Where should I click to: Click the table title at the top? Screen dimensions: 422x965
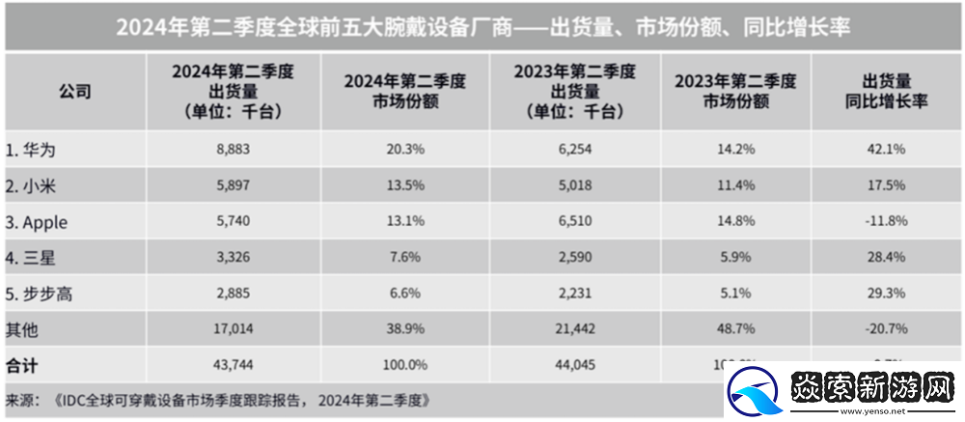tap(482, 26)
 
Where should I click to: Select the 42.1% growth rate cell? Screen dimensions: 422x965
tap(886, 151)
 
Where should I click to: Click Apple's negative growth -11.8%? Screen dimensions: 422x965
tap(885, 222)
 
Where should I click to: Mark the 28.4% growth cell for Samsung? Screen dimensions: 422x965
tap(886, 259)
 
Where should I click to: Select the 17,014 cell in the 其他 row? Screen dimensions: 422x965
tap(231, 330)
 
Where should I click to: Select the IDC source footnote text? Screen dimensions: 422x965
tap(217, 399)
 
